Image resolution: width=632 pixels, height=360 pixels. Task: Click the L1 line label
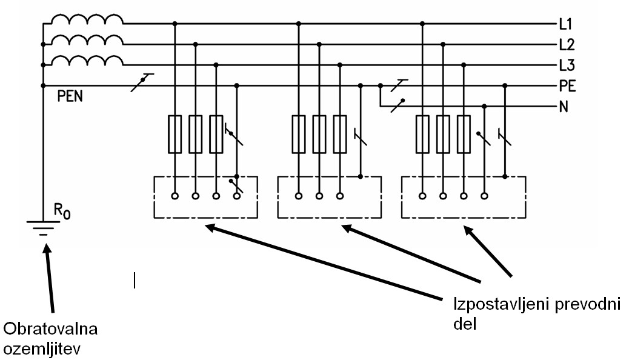point(566,25)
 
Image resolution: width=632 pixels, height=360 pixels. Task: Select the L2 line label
point(567,45)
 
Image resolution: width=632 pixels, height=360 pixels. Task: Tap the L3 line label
point(567,65)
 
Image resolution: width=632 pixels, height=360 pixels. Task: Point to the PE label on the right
point(567,86)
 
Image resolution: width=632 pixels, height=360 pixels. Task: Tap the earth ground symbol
point(43,228)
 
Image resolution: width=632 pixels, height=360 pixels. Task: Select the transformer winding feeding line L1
point(87,19)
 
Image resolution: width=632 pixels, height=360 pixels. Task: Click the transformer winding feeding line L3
point(87,59)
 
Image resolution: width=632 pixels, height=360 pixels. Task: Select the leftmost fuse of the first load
point(175,134)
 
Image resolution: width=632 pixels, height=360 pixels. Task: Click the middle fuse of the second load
point(319,134)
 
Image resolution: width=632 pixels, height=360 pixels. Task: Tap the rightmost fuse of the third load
point(464,134)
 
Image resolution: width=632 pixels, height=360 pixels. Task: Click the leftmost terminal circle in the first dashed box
point(175,196)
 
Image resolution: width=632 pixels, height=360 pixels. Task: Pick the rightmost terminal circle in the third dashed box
point(484,196)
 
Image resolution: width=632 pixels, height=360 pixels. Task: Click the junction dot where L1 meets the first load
point(175,24)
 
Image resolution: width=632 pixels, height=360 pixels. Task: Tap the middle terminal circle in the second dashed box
point(319,196)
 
